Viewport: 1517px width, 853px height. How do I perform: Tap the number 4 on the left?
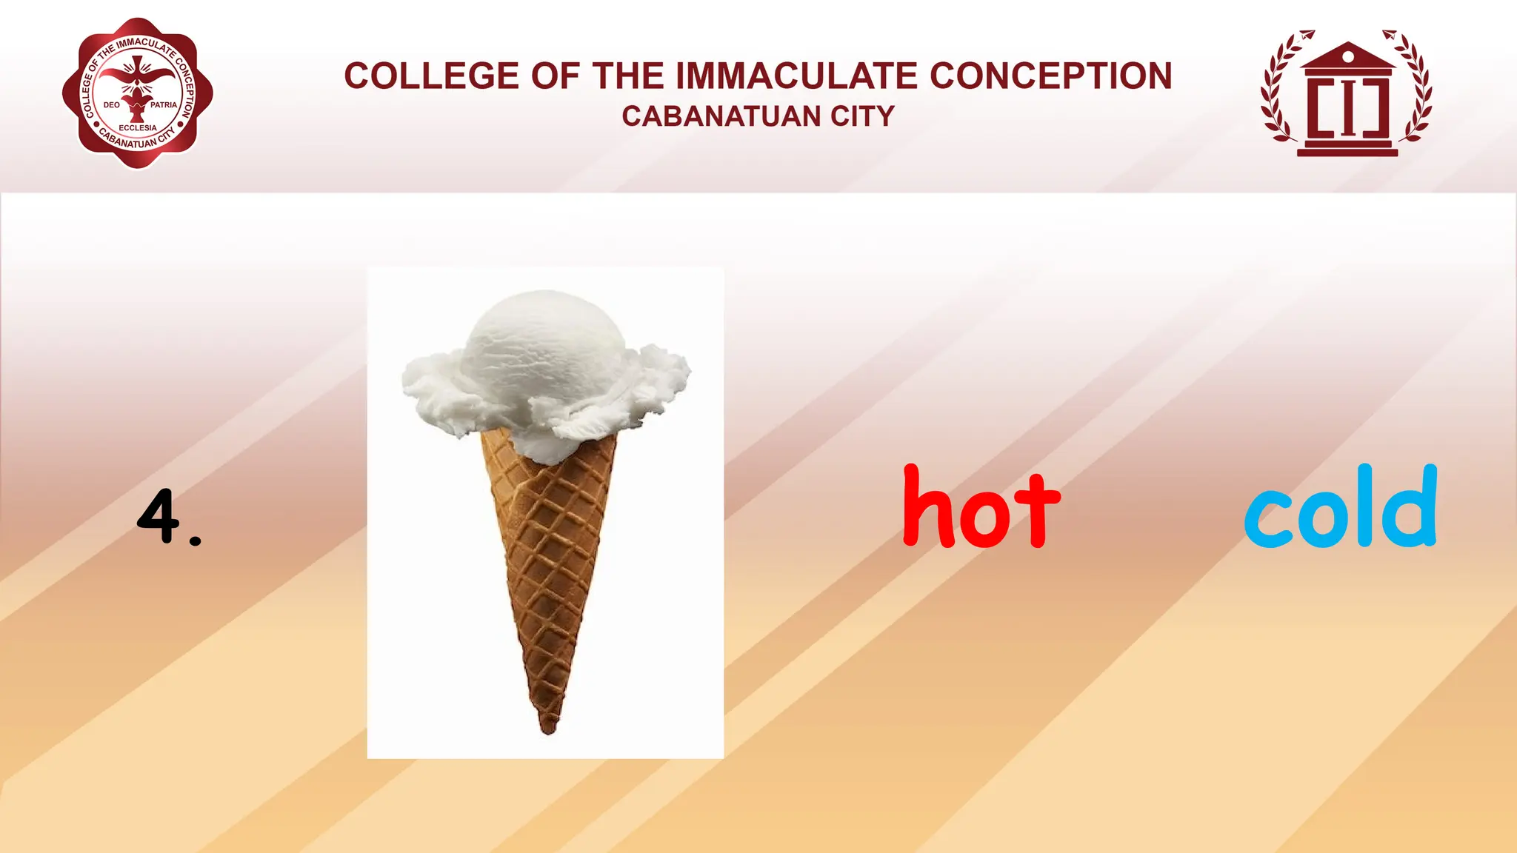158,515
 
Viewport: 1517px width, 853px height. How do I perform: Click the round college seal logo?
138,94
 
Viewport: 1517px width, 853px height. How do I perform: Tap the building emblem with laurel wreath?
1347,94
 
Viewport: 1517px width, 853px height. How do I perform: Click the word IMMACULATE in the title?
798,76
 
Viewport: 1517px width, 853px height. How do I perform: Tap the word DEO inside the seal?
112,105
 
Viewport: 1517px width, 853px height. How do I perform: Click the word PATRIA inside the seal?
164,105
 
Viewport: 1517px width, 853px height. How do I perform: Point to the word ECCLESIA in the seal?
138,128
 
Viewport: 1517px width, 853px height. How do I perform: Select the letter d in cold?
1416,506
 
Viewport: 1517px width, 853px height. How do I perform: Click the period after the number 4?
195,541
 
